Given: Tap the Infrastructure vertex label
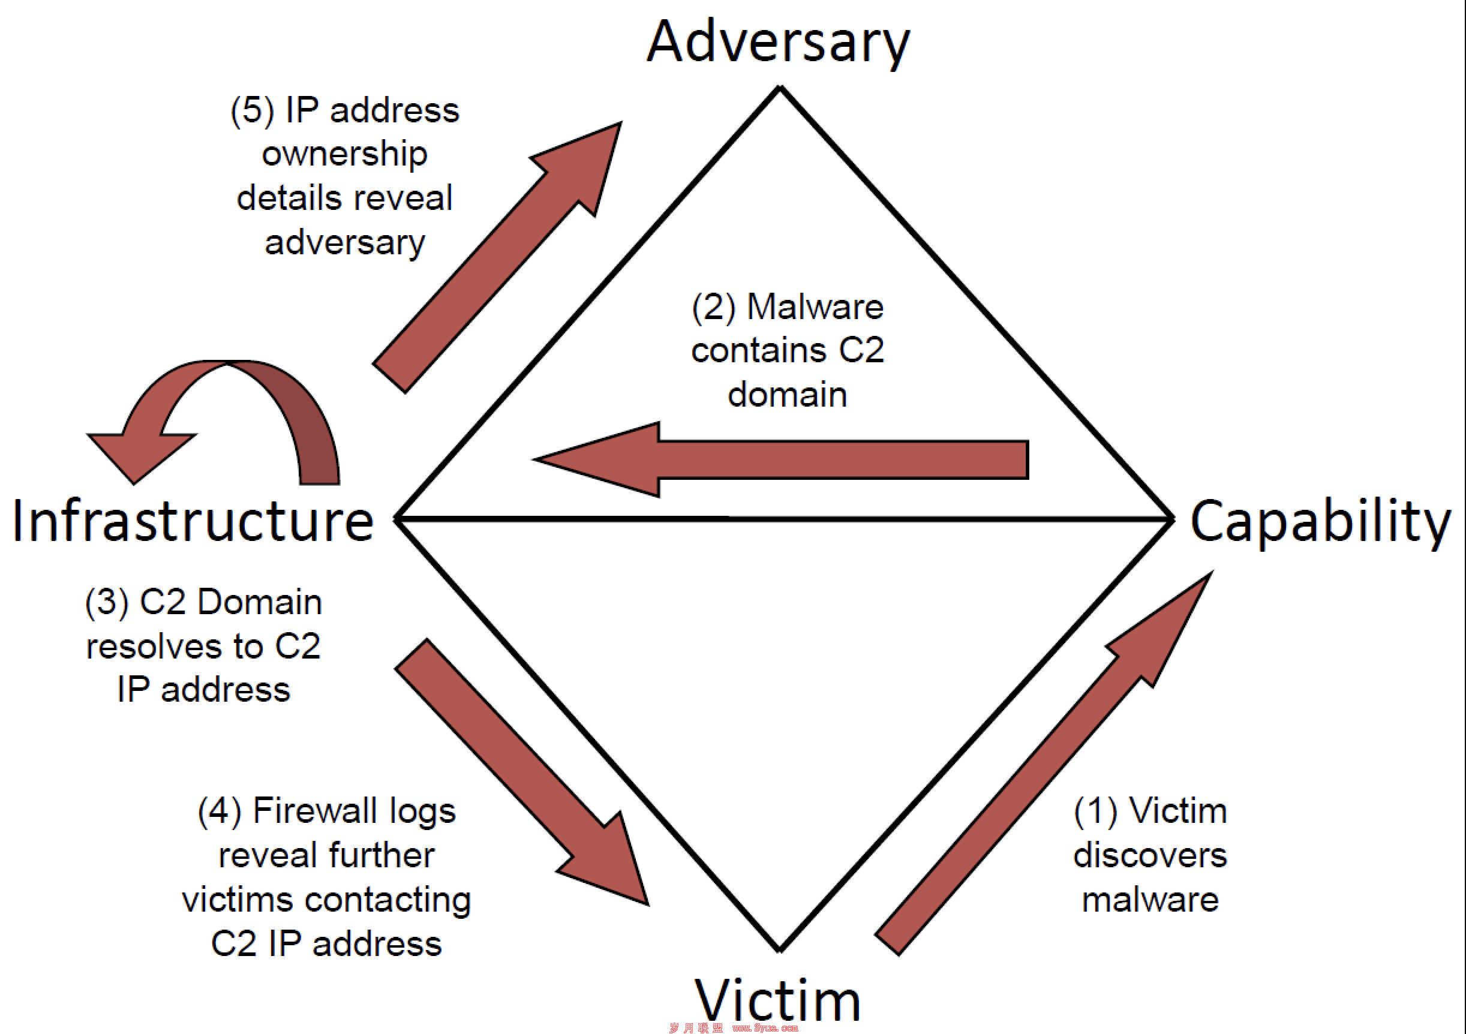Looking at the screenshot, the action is (193, 521).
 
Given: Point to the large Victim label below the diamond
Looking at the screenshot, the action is (778, 1001).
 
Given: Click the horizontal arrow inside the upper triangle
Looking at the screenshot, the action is (781, 459).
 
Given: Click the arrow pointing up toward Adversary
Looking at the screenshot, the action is (497, 257).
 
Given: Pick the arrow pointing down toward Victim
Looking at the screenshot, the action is (522, 772).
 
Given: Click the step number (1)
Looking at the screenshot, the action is (1096, 812).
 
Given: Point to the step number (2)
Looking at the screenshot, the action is (714, 308).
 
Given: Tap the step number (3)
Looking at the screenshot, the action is (107, 603).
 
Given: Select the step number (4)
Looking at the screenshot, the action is (220, 812).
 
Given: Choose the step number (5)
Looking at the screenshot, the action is (253, 110).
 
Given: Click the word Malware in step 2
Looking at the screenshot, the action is (815, 307).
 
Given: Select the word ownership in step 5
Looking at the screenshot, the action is (345, 155).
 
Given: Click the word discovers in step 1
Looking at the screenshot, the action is (1150, 855).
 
